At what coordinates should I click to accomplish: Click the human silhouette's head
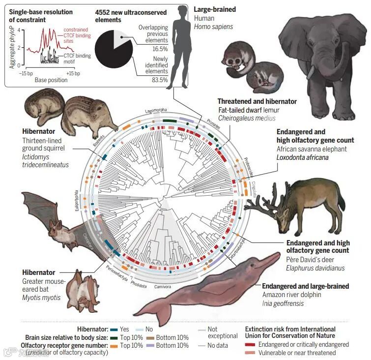click(x=182, y=11)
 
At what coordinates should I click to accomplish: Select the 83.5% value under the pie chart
click(x=160, y=80)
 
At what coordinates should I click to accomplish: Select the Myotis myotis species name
click(x=41, y=298)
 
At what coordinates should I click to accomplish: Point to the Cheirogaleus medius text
click(x=247, y=119)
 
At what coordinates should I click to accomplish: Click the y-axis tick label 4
click(x=19, y=30)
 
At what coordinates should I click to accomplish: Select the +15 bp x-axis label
click(x=73, y=73)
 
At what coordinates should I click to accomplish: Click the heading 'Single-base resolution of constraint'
click(x=41, y=16)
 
